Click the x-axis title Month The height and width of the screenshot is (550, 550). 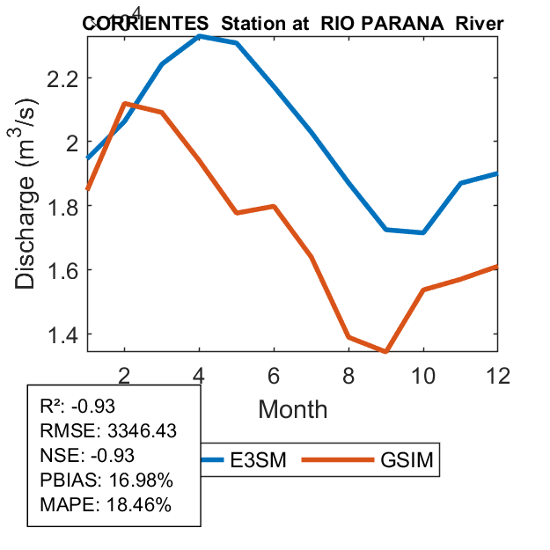[x=292, y=408]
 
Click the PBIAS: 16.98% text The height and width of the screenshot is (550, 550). [x=106, y=480]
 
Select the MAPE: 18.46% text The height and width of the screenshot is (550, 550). [x=106, y=505]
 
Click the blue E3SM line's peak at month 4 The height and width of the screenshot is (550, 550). [x=200, y=36]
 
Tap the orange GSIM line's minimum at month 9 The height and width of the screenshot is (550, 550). [x=385, y=351]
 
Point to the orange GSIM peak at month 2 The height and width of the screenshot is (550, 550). [x=125, y=104]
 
